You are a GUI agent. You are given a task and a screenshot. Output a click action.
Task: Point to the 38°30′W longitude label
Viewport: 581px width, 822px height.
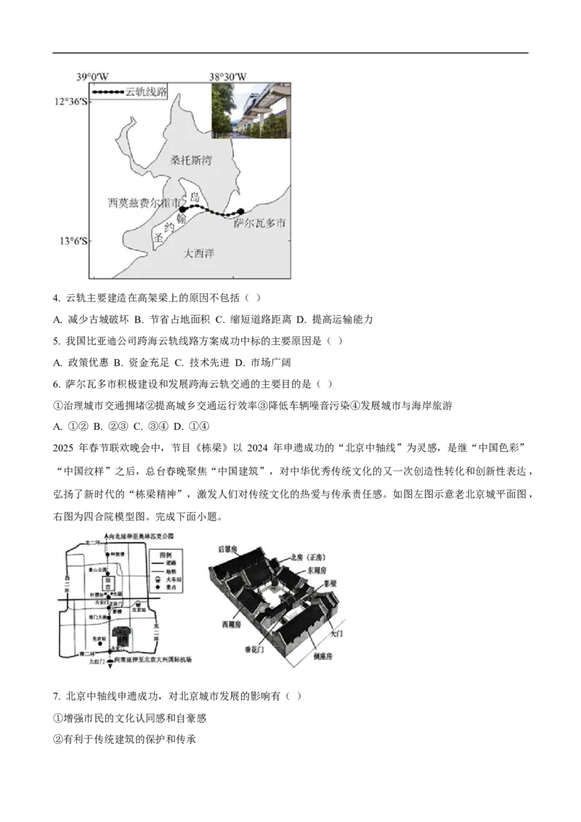point(228,76)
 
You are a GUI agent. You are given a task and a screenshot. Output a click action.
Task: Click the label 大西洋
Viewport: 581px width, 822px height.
point(199,253)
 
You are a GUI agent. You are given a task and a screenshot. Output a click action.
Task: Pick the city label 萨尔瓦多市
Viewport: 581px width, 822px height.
point(259,224)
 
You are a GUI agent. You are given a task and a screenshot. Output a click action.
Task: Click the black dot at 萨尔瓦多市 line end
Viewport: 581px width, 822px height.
point(241,212)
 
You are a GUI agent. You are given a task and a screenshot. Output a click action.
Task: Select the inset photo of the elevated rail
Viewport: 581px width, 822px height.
point(251,110)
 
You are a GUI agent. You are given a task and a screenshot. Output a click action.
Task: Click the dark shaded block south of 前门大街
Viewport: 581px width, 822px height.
point(123,637)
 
